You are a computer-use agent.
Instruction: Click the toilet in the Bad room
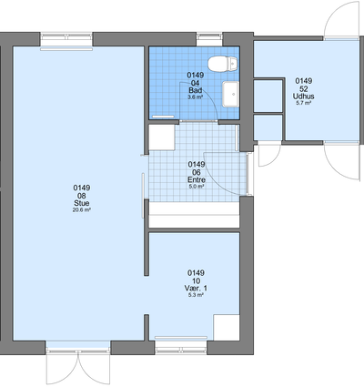click(x=222, y=64)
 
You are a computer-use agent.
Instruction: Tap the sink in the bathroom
click(x=230, y=94)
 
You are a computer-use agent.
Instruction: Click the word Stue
click(x=82, y=203)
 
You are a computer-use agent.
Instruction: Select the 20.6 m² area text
click(x=82, y=209)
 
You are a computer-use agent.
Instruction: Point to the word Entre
click(x=197, y=179)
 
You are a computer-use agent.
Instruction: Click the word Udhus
click(x=303, y=97)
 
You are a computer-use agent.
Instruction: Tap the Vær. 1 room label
click(x=196, y=288)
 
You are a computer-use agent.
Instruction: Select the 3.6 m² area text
click(x=196, y=97)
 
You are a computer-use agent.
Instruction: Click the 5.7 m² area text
click(x=304, y=103)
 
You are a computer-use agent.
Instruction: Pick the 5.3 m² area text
click(x=196, y=295)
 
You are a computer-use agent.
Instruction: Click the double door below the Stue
click(x=78, y=366)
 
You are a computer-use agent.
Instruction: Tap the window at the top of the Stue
click(x=66, y=40)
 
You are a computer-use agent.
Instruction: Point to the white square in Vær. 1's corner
click(x=227, y=328)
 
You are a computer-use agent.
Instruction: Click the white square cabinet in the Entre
click(x=162, y=137)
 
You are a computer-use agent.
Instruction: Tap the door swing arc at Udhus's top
click(x=339, y=18)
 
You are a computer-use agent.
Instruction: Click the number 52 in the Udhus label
click(x=304, y=88)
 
